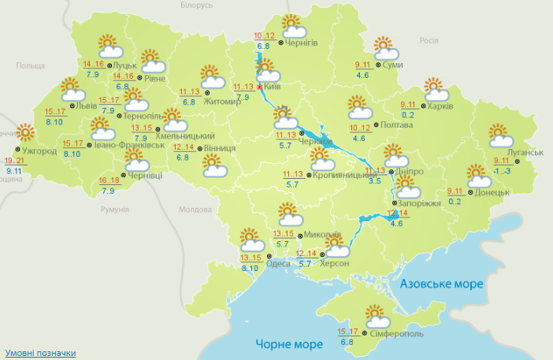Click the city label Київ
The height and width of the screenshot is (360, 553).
(x=273, y=85)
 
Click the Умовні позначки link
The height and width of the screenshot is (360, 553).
(x=40, y=352)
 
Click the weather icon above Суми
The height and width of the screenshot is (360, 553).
(x=384, y=48)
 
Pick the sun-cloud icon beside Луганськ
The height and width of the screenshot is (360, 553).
(x=499, y=135)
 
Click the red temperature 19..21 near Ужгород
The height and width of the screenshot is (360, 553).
(x=15, y=160)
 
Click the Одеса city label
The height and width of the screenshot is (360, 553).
(x=279, y=263)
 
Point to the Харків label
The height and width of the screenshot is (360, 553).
(x=442, y=106)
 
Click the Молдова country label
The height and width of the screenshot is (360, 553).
(x=196, y=210)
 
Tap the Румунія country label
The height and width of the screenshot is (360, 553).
(x=114, y=209)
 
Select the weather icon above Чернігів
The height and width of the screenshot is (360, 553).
(x=292, y=25)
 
